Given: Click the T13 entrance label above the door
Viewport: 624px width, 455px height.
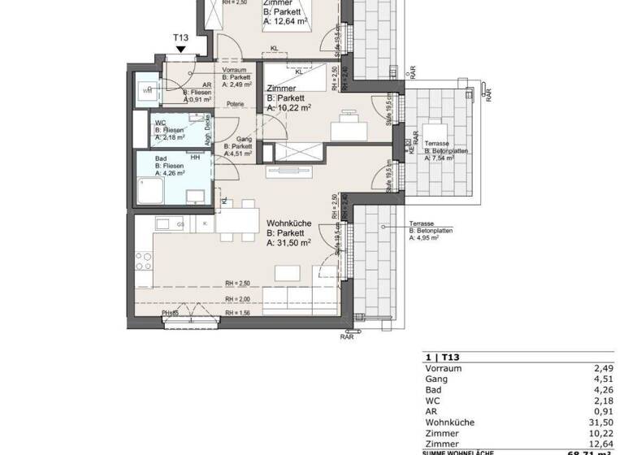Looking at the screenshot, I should point(180,37).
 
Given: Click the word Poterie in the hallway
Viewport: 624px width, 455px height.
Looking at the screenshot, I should point(236,103).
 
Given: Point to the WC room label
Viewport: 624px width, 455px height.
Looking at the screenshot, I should point(160,123).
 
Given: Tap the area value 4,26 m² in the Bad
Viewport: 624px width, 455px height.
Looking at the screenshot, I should point(174,173).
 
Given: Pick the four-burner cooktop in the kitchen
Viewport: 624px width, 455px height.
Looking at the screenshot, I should point(145,261).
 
